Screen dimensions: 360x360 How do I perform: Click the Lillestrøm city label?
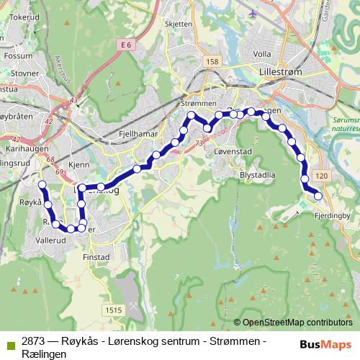pyautogui.click(x=282, y=72)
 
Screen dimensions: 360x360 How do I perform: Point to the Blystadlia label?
pyautogui.click(x=258, y=174)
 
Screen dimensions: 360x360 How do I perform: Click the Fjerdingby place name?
pyautogui.click(x=332, y=215)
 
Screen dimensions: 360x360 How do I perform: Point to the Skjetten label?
pyautogui.click(x=179, y=24)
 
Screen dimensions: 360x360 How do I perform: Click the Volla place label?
pyautogui.click(x=261, y=53)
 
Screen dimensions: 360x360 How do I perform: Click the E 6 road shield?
pyautogui.click(x=127, y=45)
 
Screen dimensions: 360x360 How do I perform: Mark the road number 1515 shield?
pyautogui.click(x=112, y=310)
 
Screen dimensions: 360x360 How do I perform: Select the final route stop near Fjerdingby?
pyautogui.click(x=318, y=196)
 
